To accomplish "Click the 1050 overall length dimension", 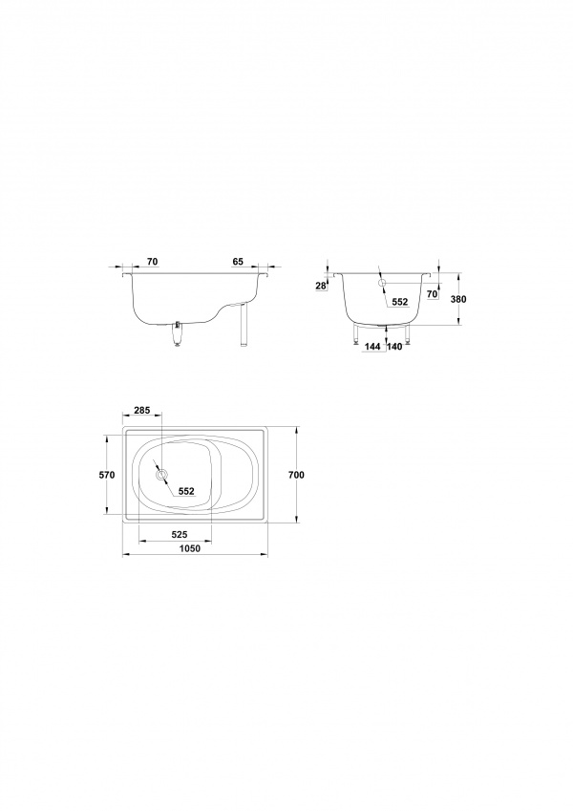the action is pyautogui.click(x=190, y=548).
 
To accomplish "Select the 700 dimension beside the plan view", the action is pyautogui.click(x=297, y=475).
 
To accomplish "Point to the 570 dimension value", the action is pyautogui.click(x=107, y=475).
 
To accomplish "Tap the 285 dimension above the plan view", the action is pyautogui.click(x=141, y=410).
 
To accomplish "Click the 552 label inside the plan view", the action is pyautogui.click(x=186, y=491).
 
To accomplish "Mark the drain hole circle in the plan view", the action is pyautogui.click(x=161, y=475).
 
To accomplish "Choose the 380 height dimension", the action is pyautogui.click(x=458, y=299).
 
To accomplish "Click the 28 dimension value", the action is pyautogui.click(x=321, y=286).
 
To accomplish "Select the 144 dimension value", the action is pyautogui.click(x=371, y=347).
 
